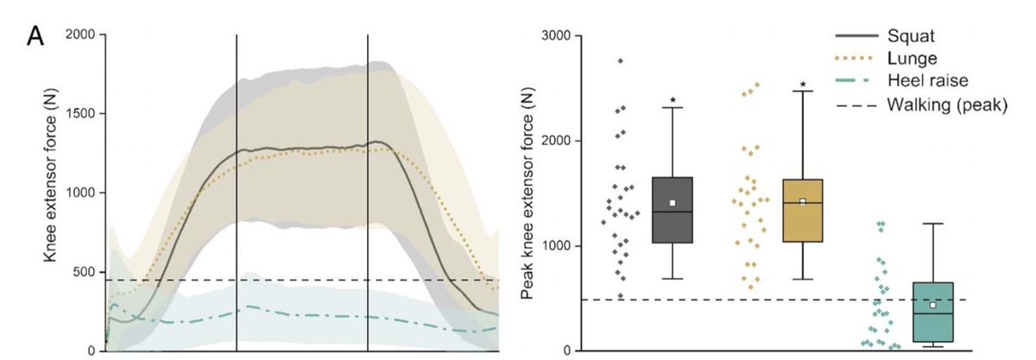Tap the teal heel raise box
(932, 312)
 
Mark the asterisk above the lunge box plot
(802, 85)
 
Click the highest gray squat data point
(621, 60)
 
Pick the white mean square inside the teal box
(932, 305)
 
